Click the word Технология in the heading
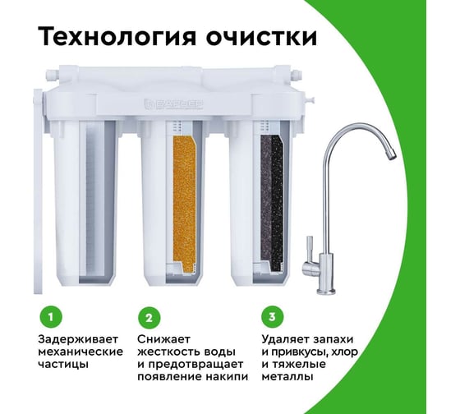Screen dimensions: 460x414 click(x=117, y=37)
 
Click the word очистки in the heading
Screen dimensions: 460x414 click(x=261, y=37)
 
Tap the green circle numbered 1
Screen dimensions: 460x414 click(x=51, y=317)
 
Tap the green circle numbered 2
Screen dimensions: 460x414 click(x=149, y=318)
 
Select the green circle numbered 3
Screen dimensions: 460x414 click(x=273, y=317)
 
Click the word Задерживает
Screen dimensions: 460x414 click(x=78, y=340)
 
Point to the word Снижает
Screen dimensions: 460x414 click(x=164, y=339)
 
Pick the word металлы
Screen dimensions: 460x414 click(x=287, y=377)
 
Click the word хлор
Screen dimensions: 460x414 click(x=344, y=352)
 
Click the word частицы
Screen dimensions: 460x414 click(x=63, y=365)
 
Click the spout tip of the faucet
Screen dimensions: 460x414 click(x=392, y=154)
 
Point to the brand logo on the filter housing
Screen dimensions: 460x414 click(x=173, y=103)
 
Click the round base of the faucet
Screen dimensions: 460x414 click(x=326, y=291)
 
